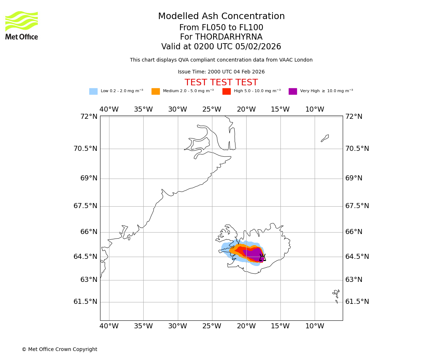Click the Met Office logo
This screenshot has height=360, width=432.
22,25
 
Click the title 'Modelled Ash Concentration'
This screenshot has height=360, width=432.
221,17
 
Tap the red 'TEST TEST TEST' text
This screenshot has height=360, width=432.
221,82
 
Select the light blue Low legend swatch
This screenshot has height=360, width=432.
93,91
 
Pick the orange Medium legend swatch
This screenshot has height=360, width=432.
156,91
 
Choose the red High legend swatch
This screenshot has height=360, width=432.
226,91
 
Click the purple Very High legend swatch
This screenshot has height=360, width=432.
293,91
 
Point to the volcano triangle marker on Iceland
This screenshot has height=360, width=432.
262,257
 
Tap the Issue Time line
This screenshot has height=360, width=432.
221,72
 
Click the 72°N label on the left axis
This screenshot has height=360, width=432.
89,117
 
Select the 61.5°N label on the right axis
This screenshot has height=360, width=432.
357,302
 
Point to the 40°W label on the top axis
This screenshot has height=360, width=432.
109,109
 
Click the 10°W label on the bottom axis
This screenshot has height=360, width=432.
315,326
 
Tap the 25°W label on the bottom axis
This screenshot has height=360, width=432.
212,326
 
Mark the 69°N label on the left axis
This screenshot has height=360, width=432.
89,178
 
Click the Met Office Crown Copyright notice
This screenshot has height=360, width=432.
59,349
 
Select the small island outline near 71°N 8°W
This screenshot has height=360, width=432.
325,138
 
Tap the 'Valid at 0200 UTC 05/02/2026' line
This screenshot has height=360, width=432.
221,47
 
